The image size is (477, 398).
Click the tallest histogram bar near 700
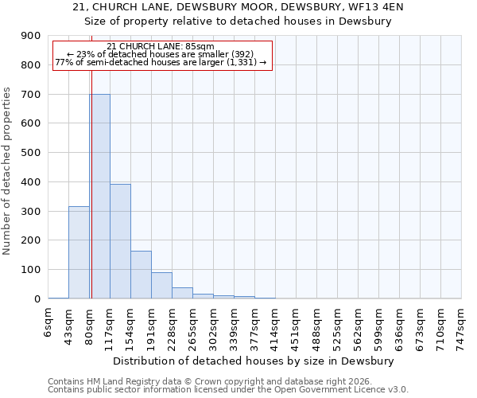click(99, 196)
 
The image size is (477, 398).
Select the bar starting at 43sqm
click(79, 252)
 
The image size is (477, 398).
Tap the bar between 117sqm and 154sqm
click(120, 241)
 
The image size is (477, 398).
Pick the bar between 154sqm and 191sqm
click(141, 275)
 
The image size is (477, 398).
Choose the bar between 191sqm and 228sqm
click(161, 285)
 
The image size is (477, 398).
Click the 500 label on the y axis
click(31, 153)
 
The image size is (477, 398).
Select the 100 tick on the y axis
click(31, 270)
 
